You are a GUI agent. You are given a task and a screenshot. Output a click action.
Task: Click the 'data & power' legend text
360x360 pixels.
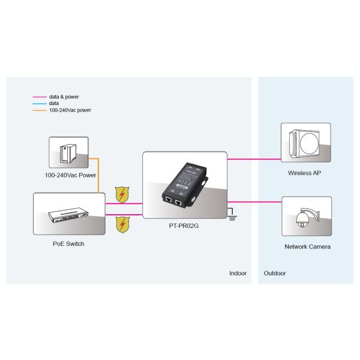pos(64,97)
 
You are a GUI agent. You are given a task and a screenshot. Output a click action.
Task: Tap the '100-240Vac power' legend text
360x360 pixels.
pos(70,110)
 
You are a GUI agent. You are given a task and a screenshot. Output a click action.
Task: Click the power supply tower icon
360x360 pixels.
pos(68,152)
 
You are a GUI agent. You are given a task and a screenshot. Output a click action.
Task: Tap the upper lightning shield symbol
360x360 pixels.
pos(122,195)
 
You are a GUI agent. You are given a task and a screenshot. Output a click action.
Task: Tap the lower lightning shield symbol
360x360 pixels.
pos(122,224)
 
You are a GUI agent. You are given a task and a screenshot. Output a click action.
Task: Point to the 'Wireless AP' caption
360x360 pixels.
pos(305,173)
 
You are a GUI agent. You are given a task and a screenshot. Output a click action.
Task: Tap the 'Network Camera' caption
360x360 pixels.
pos(307,247)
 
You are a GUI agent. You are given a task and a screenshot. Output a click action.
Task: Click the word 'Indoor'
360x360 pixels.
pos(238,273)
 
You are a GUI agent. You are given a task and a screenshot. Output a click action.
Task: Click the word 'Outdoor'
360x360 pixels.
pos(275,273)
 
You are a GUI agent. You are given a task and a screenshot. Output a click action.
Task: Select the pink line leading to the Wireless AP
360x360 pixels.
pos(255,160)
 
